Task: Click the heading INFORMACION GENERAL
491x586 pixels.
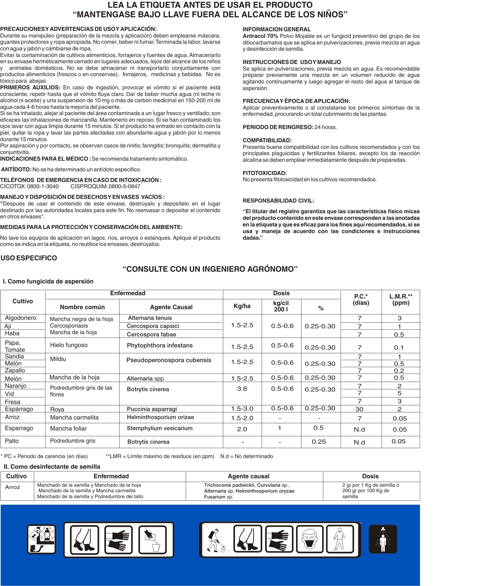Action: (x=277, y=29)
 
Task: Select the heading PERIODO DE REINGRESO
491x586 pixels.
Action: (x=278, y=127)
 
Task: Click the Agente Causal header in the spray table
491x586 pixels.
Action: (x=171, y=307)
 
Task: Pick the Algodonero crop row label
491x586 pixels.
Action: (x=21, y=318)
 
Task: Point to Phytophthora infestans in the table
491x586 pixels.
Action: (x=160, y=346)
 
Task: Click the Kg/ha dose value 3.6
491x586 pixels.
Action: (x=242, y=389)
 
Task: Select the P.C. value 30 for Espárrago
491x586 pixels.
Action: (x=359, y=409)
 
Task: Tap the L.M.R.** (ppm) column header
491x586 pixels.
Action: (x=401, y=300)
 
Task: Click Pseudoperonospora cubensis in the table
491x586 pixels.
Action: (x=169, y=360)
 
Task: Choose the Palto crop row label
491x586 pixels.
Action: (x=12, y=441)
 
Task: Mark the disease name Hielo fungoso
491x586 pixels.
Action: (x=69, y=345)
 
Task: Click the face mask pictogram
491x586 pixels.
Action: (x=310, y=540)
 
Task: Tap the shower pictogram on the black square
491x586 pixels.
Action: (x=383, y=539)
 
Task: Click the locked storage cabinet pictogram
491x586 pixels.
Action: (x=42, y=539)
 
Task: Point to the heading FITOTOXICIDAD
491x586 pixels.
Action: (x=264, y=173)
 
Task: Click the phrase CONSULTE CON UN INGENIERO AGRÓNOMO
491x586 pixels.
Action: (x=210, y=269)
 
